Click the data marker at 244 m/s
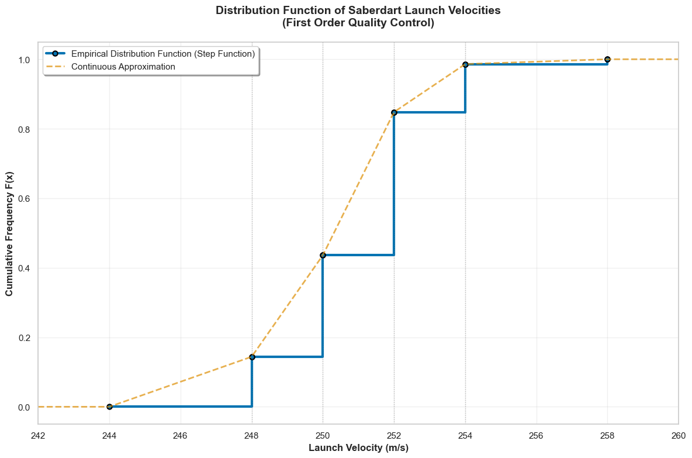tap(109, 407)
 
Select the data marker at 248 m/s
tap(252, 357)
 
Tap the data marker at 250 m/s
tap(323, 255)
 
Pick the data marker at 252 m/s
tap(394, 112)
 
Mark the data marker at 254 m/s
tap(465, 64)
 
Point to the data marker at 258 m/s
tap(607, 59)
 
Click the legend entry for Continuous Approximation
tap(123, 67)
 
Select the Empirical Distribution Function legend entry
tap(162, 53)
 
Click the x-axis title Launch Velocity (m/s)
tap(358, 448)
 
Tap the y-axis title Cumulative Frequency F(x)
tap(10, 234)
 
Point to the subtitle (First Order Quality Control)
tap(358, 23)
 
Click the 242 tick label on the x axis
tap(38, 435)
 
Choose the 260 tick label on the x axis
tap(678, 435)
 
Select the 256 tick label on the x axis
tap(536, 435)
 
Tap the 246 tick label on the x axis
tap(181, 435)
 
